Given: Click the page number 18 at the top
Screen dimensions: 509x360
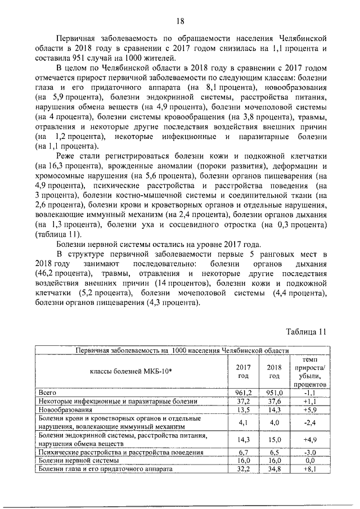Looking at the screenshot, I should [181, 21].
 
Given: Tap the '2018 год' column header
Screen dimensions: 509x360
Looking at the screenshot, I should [274, 371].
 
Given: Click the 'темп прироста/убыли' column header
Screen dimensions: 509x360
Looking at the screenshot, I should [307, 371].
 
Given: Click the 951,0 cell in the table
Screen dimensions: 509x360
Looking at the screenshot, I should [274, 392].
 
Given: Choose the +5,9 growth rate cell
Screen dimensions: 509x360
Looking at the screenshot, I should [307, 411].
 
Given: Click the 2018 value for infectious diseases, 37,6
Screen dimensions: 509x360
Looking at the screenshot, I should [274, 401].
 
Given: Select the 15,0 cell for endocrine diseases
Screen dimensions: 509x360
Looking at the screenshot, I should [274, 439].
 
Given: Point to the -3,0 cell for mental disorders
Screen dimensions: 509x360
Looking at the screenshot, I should [307, 452].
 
